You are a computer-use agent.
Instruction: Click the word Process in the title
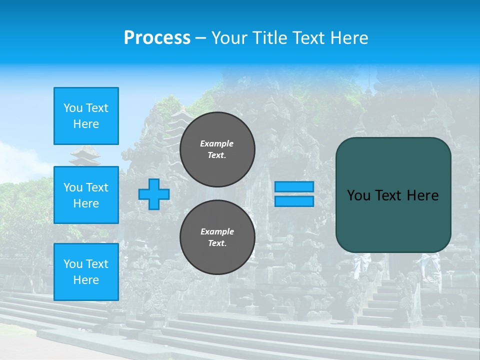[157, 38]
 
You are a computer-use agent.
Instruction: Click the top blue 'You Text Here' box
[86, 116]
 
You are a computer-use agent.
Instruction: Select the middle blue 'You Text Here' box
[86, 195]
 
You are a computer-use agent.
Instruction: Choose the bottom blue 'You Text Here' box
[86, 271]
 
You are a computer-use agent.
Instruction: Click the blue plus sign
[154, 194]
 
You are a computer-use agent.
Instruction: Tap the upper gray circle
[217, 149]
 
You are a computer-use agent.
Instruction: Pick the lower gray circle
[217, 237]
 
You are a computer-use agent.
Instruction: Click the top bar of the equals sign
[294, 186]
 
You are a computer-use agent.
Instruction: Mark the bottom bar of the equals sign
[294, 201]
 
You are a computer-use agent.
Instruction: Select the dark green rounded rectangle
[393, 195]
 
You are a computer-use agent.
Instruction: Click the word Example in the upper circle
[217, 143]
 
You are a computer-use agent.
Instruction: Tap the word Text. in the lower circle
[217, 243]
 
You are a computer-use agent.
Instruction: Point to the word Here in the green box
[423, 195]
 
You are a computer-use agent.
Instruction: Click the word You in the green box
[358, 195]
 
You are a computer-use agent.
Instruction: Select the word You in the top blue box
[73, 108]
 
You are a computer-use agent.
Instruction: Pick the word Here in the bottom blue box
[86, 280]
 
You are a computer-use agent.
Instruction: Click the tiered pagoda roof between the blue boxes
[85, 156]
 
